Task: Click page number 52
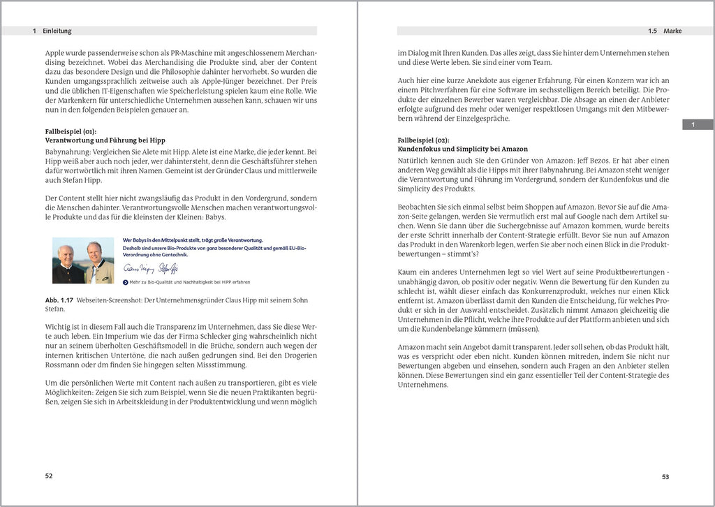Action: (x=49, y=476)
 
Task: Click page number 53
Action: (x=665, y=477)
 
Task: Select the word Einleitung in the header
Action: (x=57, y=31)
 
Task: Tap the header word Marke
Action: (x=672, y=31)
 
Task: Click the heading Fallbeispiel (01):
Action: (x=71, y=131)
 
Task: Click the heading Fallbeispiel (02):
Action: (x=422, y=140)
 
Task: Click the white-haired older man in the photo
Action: (x=66, y=263)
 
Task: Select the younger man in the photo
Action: (x=95, y=262)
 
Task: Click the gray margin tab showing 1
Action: (x=692, y=124)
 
